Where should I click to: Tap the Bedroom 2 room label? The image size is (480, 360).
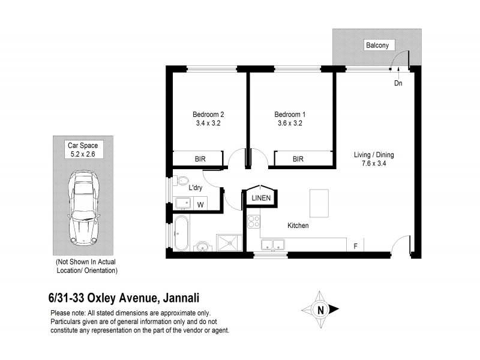[x=208, y=115]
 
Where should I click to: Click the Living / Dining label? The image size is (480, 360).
[x=373, y=154]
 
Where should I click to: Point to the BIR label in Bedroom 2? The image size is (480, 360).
[x=200, y=160]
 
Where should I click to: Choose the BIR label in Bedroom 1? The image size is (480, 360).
[x=298, y=160]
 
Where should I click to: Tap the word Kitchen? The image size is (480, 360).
[x=298, y=226]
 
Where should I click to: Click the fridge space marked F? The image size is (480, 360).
[x=355, y=245]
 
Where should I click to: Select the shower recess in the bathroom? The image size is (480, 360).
[x=228, y=242]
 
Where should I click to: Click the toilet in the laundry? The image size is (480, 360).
[x=182, y=180]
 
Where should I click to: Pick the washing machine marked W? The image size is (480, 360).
[x=200, y=205]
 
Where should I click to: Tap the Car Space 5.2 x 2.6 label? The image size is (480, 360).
[x=83, y=149]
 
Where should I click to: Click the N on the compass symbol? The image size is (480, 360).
[x=320, y=310]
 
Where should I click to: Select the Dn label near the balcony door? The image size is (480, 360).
[x=398, y=83]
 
